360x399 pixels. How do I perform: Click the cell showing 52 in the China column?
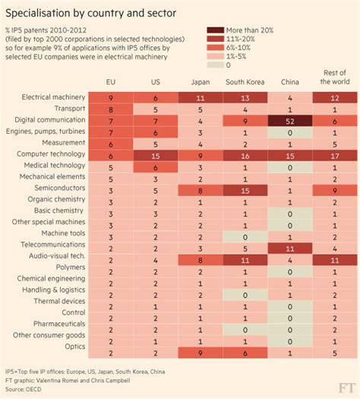click(292, 120)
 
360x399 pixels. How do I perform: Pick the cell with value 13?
click(246, 98)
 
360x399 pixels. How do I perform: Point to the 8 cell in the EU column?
click(111, 109)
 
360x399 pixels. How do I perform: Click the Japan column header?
click(201, 82)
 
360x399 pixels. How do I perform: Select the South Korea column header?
click(246, 82)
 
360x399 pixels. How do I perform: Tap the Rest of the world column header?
click(336, 78)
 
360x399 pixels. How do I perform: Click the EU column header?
click(111, 82)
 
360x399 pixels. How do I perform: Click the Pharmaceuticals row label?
click(55, 322)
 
